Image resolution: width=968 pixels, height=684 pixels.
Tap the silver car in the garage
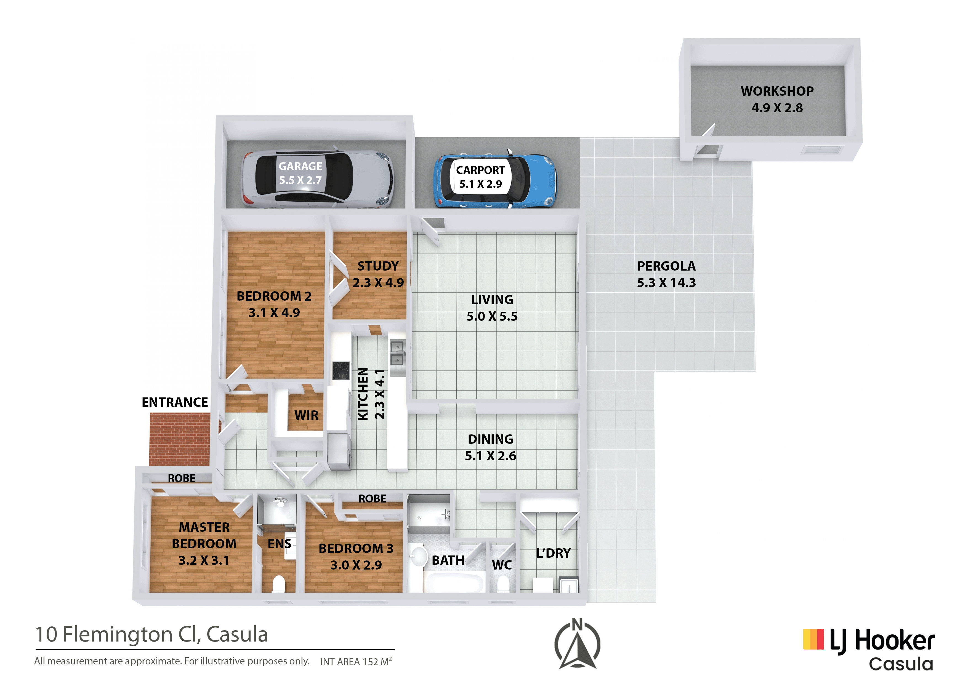point(317,179)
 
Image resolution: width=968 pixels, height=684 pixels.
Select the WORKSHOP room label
point(777,91)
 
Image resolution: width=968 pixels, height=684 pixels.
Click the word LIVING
point(492,300)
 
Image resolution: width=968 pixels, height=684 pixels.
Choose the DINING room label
point(490,439)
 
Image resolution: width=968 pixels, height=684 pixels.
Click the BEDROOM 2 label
point(274,296)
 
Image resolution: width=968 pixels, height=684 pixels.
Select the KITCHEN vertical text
point(363,394)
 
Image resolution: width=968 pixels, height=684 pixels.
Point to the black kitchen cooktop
point(341,370)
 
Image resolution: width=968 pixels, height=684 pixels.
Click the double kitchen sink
point(397,353)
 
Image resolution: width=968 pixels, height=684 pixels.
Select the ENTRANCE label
point(175,402)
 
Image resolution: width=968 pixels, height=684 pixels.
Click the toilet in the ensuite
point(279,584)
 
